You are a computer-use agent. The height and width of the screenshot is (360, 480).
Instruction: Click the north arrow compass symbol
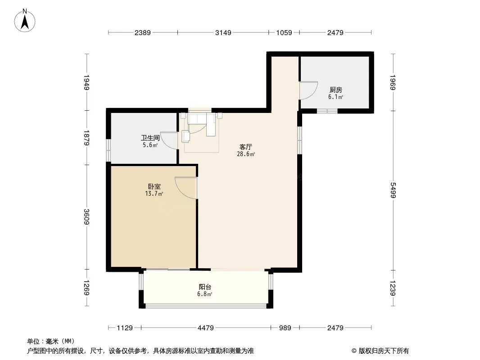pyautogui.click(x=25, y=21)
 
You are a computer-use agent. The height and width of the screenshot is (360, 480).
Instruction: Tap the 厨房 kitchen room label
pyautogui.click(x=335, y=90)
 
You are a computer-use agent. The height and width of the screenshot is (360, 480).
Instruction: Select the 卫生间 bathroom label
pyautogui.click(x=150, y=138)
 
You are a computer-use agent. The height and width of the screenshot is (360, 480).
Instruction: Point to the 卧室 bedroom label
pyautogui.click(x=154, y=186)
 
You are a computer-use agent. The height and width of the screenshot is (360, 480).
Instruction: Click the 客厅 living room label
pyautogui.click(x=246, y=147)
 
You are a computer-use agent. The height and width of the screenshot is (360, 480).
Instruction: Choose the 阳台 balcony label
pyautogui.click(x=205, y=287)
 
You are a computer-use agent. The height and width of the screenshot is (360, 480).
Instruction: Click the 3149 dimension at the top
pyautogui.click(x=223, y=32)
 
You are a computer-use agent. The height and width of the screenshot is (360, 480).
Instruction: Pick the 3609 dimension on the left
pyautogui.click(x=86, y=216)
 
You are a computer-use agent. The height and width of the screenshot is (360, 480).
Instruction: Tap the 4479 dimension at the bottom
pyautogui.click(x=206, y=328)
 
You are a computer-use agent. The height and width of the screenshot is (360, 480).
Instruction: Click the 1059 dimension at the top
pyautogui.click(x=284, y=32)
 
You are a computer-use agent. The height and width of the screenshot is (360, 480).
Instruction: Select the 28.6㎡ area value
pyautogui.click(x=246, y=154)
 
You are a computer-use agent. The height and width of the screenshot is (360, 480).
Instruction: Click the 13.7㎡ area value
pyautogui.click(x=154, y=193)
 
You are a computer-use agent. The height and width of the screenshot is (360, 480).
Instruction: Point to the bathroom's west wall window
pyautogui.click(x=109, y=150)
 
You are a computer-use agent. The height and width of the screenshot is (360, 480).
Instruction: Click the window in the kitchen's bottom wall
pyautogui.click(x=327, y=111)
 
